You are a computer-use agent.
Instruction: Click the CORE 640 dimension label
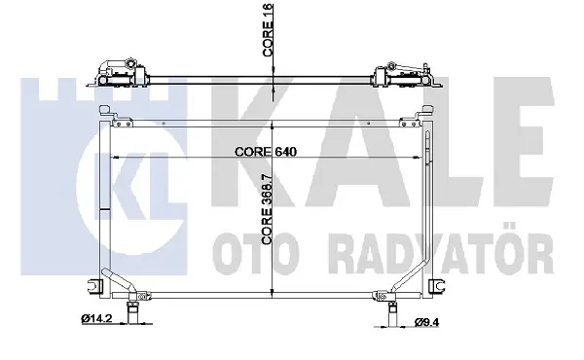coord(266,152)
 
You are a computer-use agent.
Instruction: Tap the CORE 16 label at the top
coord(268,30)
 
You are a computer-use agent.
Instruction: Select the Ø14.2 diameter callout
coord(96,318)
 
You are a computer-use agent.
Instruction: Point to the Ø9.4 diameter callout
coord(427,322)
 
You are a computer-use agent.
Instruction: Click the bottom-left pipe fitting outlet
coord(132,312)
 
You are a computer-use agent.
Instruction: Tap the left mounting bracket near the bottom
coord(95,286)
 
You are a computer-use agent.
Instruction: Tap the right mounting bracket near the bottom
coord(436,286)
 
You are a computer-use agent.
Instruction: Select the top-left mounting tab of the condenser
coord(105,112)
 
